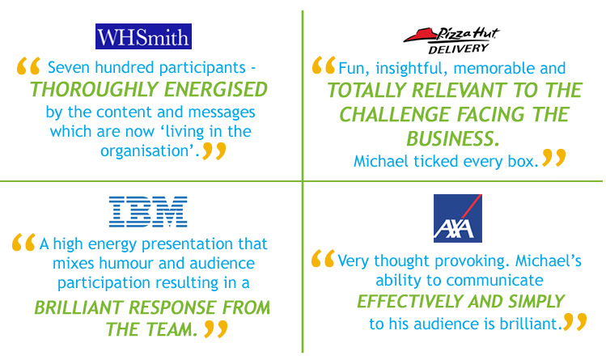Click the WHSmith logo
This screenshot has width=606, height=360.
[143, 36]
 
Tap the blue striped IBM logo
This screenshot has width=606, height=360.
[148, 212]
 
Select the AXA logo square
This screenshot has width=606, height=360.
[458, 218]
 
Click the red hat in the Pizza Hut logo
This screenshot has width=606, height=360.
[420, 36]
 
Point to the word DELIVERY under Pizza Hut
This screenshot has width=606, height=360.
[459, 49]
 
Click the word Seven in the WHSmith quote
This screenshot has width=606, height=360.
[70, 68]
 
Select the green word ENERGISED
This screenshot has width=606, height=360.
[216, 90]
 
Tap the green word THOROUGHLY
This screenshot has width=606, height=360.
[95, 90]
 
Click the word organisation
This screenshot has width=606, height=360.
[146, 151]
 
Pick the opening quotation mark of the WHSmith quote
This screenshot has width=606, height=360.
[28, 66]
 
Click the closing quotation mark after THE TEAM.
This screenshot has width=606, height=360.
[215, 328]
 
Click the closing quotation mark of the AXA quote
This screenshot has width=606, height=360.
[575, 322]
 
